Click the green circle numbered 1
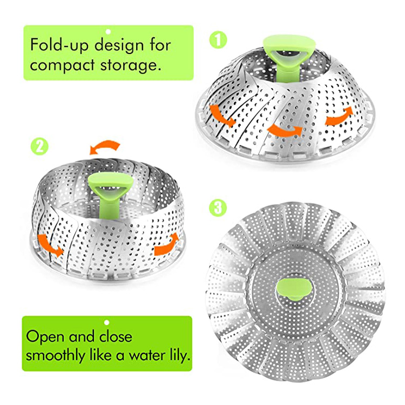point(218,40)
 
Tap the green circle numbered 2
point(39,146)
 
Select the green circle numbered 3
point(218,208)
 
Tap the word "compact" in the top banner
point(62,65)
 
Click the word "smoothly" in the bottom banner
point(56,356)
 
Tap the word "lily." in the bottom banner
point(179,356)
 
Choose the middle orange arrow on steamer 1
point(285,130)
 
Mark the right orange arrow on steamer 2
point(167,244)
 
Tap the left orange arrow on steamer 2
point(49,245)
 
